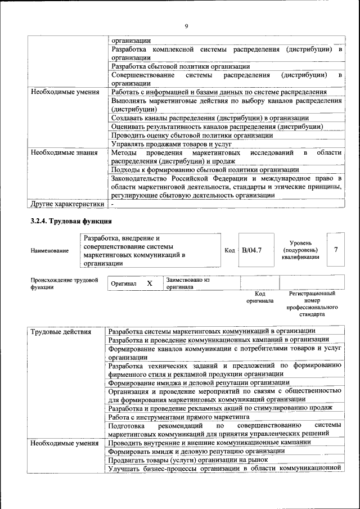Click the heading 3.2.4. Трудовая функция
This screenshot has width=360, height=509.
pos(71,221)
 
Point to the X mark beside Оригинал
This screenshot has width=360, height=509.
pos(150,283)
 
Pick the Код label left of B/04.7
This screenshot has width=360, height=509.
pos(229,250)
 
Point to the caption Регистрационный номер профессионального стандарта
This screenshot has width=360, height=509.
pos(312,304)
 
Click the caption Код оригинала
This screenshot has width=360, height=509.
pos(259,297)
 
